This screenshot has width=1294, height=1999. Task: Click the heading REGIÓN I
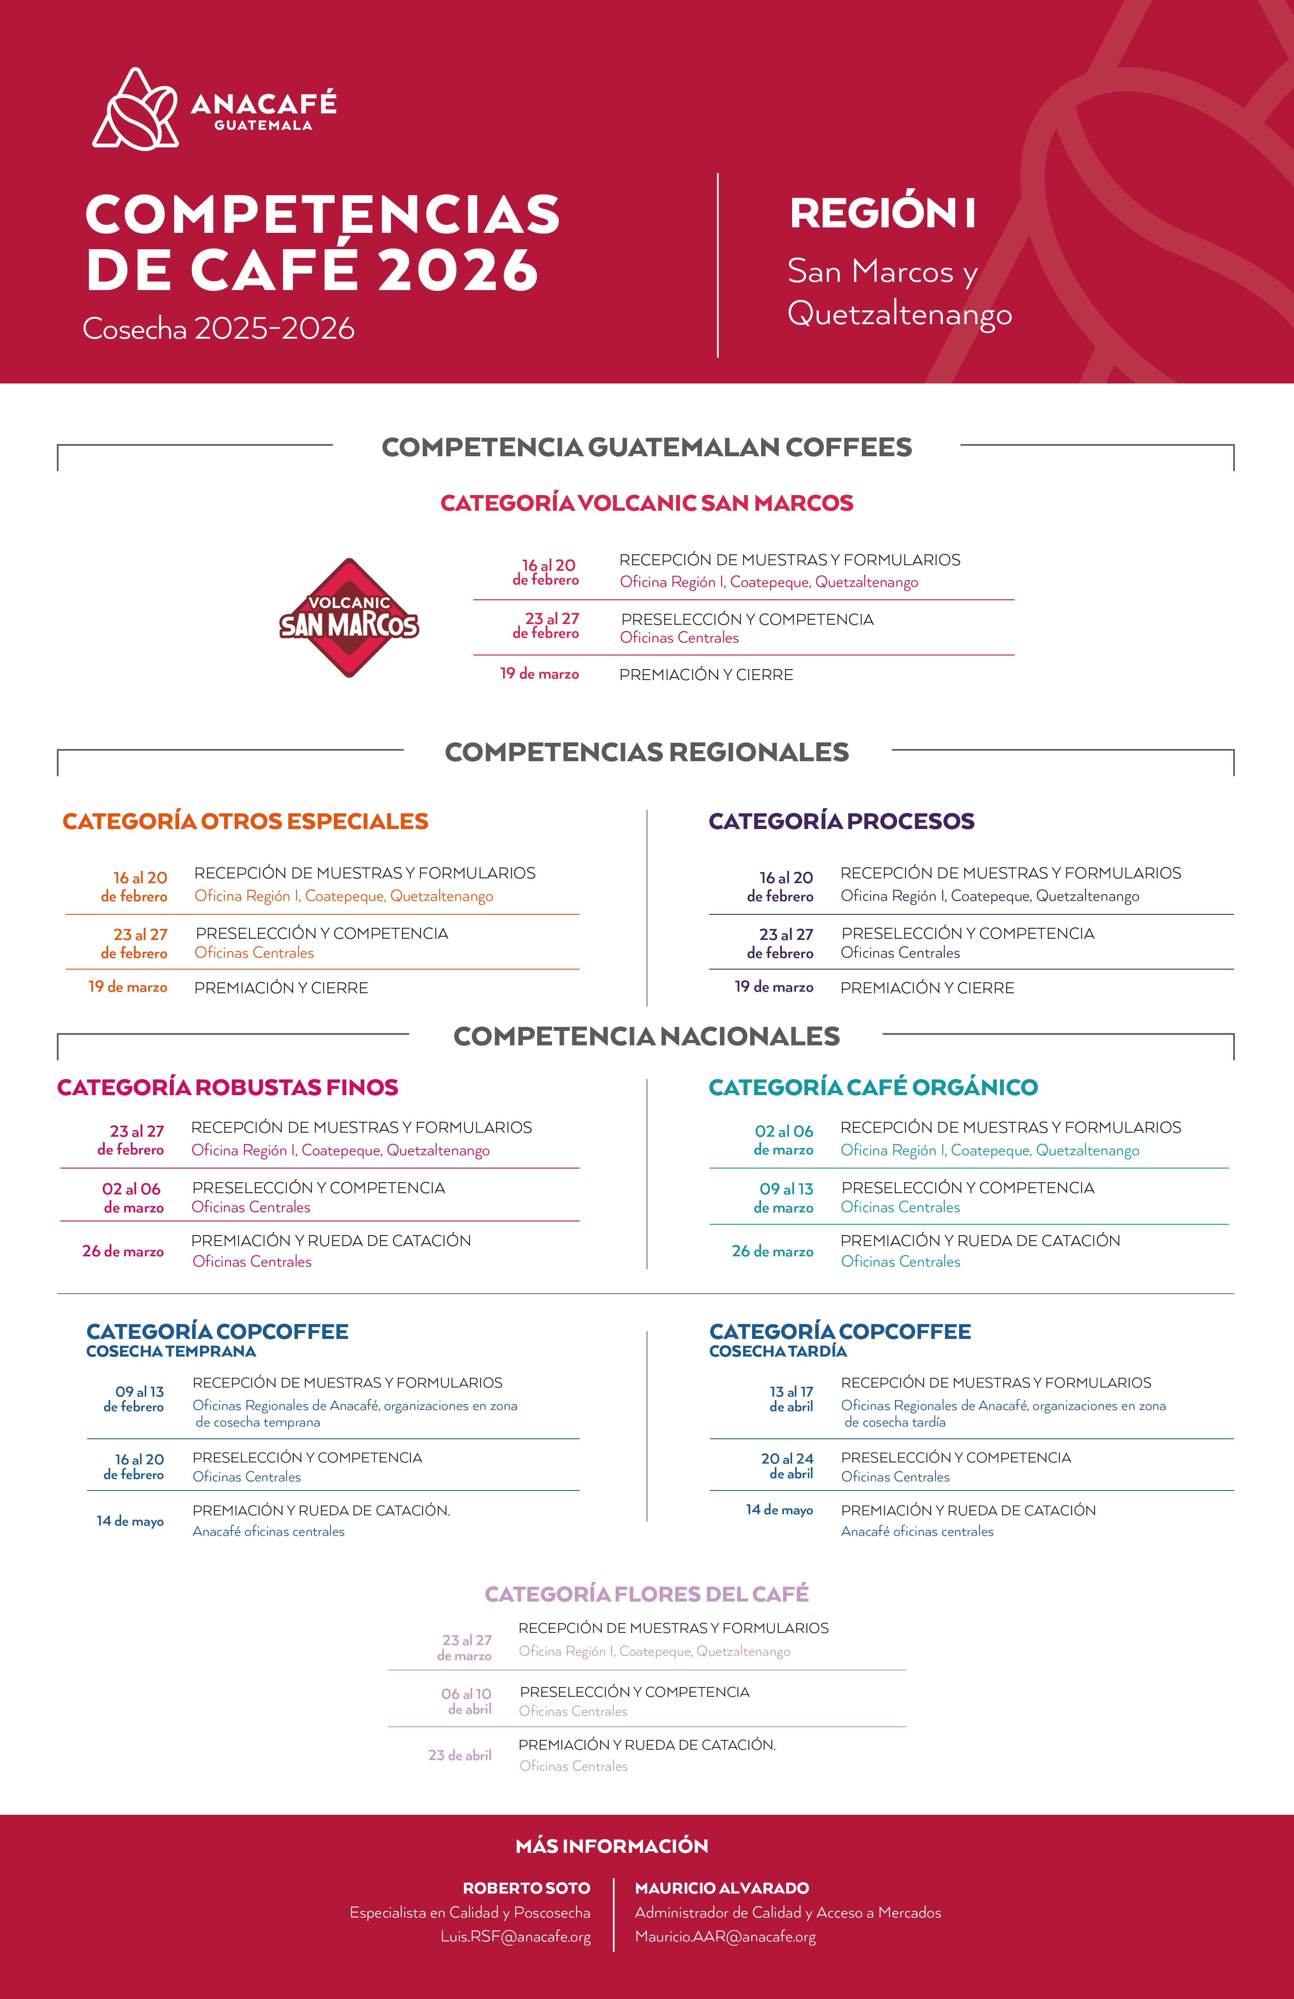(882, 212)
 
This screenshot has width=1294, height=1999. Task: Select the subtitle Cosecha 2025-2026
(218, 328)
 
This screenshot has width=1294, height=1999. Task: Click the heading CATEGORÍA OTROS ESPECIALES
(245, 822)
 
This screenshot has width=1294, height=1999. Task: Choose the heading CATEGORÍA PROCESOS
(841, 822)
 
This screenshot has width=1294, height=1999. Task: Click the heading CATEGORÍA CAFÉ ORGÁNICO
(873, 1088)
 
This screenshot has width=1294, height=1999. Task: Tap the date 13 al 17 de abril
(792, 1399)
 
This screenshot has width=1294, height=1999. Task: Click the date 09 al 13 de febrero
(134, 1399)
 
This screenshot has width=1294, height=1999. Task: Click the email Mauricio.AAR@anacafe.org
(725, 1937)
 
